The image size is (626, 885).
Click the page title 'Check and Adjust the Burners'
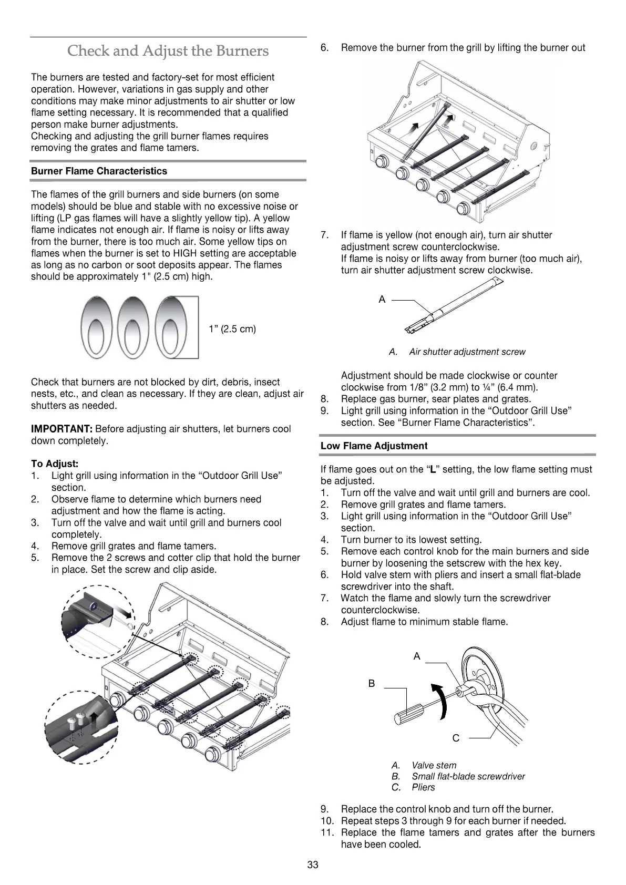tap(168, 51)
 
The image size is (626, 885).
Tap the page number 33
tap(313, 865)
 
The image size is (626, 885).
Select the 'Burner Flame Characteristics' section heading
tap(99, 171)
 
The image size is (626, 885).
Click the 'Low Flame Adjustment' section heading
tap(374, 446)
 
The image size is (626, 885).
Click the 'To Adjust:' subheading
tap(55, 464)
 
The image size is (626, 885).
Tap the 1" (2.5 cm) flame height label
tap(232, 329)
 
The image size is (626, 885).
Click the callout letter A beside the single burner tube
tap(382, 299)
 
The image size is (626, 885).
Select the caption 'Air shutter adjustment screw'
tap(467, 352)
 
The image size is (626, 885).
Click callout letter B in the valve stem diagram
tap(372, 684)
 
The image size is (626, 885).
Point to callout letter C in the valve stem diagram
tap(456, 738)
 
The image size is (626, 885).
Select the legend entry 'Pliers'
tap(423, 787)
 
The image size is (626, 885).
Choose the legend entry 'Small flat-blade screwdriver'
tap(468, 776)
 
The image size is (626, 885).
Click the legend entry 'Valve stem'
tap(434, 765)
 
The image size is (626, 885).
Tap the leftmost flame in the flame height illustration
tap(97, 327)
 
